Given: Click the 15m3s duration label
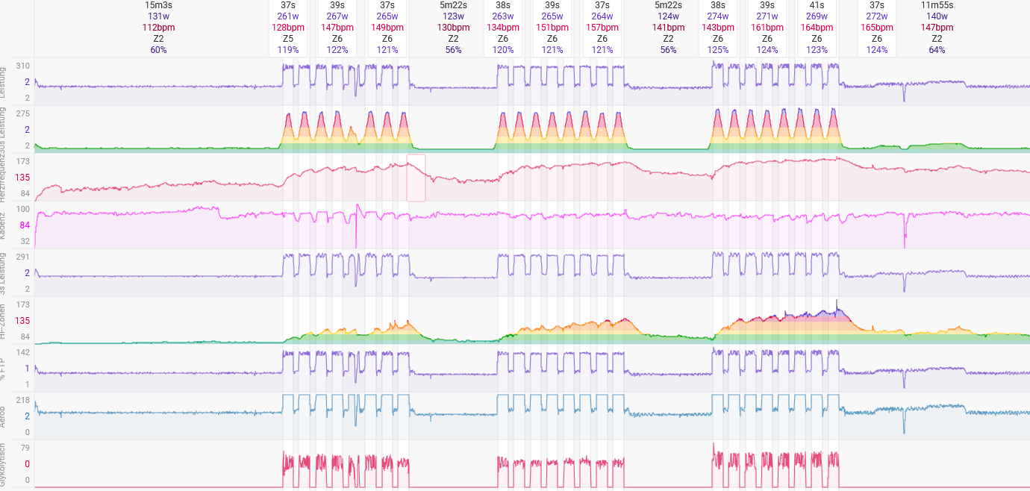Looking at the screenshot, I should pyautogui.click(x=158, y=5).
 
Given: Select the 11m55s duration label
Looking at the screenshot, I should pyautogui.click(x=937, y=5).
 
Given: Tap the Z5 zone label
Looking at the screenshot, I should pyautogui.click(x=288, y=39).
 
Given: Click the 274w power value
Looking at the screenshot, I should pyautogui.click(x=718, y=16).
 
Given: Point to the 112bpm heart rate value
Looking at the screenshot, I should pyautogui.click(x=158, y=28).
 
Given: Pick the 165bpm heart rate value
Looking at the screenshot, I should pyautogui.click(x=877, y=28).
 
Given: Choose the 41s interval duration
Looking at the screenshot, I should pyautogui.click(x=817, y=5).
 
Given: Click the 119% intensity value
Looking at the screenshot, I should pyautogui.click(x=288, y=50).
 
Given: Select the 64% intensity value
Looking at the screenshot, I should pyautogui.click(x=937, y=50).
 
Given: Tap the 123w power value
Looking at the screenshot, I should pyautogui.click(x=453, y=16).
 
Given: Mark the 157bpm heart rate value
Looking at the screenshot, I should pyautogui.click(x=602, y=28).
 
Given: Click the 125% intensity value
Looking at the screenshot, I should pyautogui.click(x=718, y=50).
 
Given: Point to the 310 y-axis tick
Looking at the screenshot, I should pyautogui.click(x=23, y=66).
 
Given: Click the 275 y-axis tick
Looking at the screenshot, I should pyautogui.click(x=23, y=114).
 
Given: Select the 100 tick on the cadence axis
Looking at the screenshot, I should pyautogui.click(x=23, y=210).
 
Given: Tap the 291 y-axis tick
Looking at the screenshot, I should pyautogui.click(x=23, y=257).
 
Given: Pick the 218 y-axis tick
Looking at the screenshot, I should pyautogui.click(x=23, y=401).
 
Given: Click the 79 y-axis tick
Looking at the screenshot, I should pyautogui.click(x=25, y=448).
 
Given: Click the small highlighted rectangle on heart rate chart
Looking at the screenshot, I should pyautogui.click(x=416, y=178).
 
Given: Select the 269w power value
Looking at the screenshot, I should pyautogui.click(x=817, y=16).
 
